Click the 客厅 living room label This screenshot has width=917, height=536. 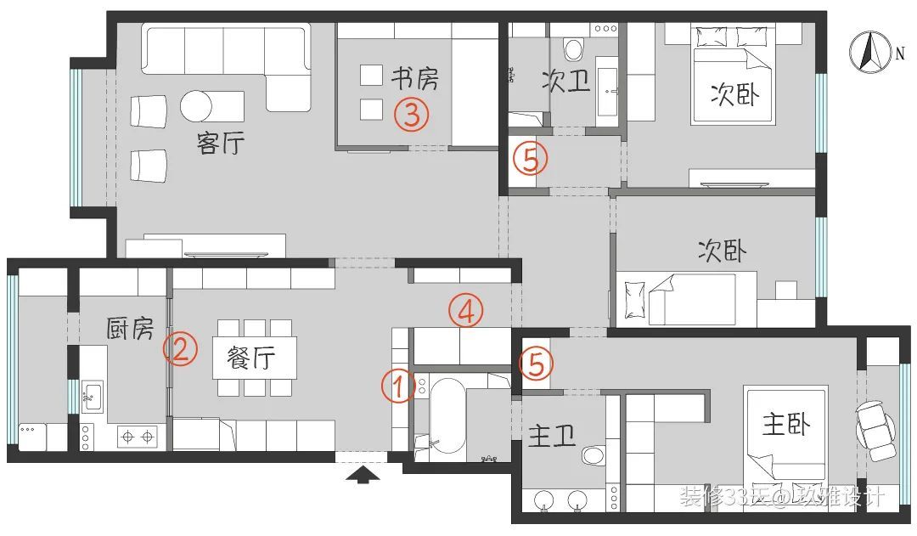click(220, 143)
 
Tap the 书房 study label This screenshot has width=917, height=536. click(414, 79)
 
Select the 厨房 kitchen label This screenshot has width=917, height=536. click(129, 328)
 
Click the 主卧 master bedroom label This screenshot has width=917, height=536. click(785, 424)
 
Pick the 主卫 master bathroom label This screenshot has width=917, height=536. click(552, 437)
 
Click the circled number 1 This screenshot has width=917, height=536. click(397, 386)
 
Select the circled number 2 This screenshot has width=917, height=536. click(180, 348)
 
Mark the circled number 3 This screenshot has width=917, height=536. click(411, 114)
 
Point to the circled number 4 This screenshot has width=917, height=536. click(465, 312)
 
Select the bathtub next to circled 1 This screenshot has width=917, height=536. click(447, 415)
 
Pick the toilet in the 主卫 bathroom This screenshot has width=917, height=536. click(594, 455)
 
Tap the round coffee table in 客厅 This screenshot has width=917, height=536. click(196, 106)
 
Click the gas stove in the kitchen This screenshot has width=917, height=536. click(138, 437)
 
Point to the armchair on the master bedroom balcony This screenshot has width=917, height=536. click(875, 424)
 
